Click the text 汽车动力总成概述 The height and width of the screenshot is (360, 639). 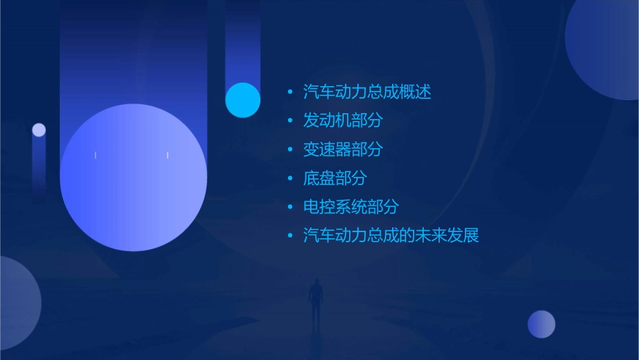(x=367, y=92)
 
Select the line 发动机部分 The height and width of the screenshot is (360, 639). (x=342, y=120)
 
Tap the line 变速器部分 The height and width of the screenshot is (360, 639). (x=342, y=149)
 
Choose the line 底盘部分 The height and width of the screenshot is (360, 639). (x=335, y=178)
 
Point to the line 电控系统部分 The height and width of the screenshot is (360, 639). (x=350, y=207)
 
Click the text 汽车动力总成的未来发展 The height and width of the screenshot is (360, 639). (x=391, y=236)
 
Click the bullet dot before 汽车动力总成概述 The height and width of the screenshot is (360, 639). (x=290, y=92)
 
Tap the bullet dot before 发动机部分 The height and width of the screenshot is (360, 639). (x=290, y=121)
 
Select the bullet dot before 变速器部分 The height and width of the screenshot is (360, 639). (x=290, y=150)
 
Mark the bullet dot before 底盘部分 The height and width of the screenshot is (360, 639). (x=290, y=179)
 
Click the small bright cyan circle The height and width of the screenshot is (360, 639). (x=242, y=100)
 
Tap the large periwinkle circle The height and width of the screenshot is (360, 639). (x=133, y=178)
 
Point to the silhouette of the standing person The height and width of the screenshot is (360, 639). (x=315, y=301)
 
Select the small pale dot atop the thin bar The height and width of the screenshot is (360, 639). (x=39, y=130)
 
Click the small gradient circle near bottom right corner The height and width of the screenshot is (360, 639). (x=541, y=324)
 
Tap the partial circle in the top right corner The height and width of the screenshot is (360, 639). (x=605, y=47)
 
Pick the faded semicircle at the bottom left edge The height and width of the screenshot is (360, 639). (x=17, y=303)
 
